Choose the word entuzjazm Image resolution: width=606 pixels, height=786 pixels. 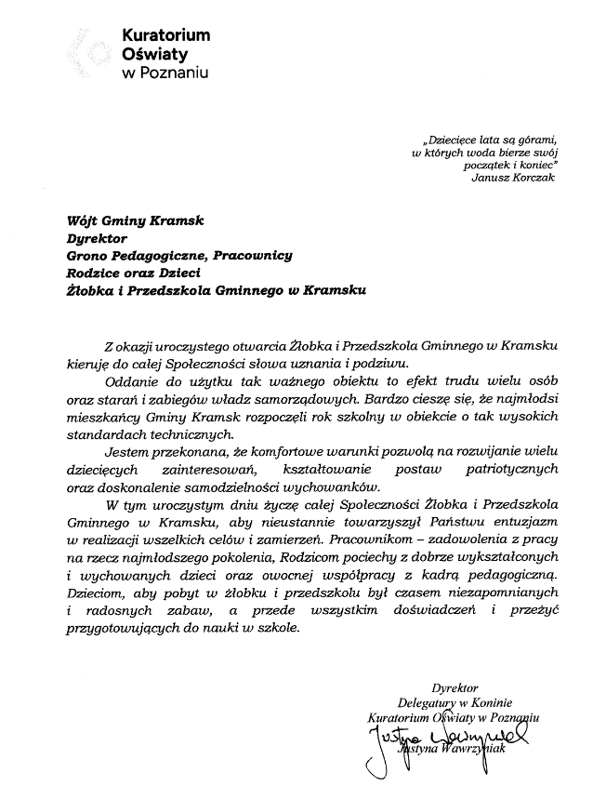[x=517, y=522]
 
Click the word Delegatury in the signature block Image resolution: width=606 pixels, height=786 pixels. [x=429, y=704]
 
